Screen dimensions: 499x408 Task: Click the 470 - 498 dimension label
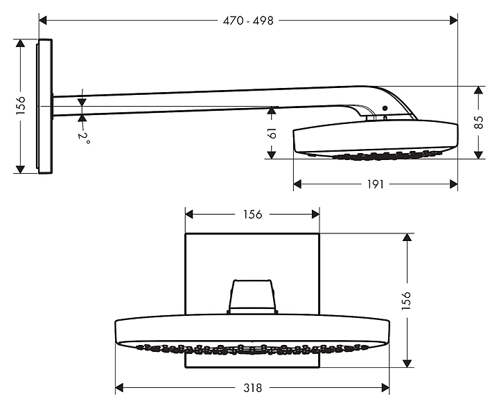pyautogui.click(x=248, y=21)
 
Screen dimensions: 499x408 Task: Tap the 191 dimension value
pyautogui.click(x=376, y=184)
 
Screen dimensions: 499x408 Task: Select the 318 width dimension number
pyautogui.click(x=253, y=388)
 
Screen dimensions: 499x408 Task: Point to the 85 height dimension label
pyautogui.click(x=478, y=123)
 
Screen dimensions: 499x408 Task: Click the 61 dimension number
pyautogui.click(x=272, y=133)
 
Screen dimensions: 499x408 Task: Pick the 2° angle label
pyautogui.click(x=84, y=137)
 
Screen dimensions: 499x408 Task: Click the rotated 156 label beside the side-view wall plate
pyautogui.click(x=20, y=105)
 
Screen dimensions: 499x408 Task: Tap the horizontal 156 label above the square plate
pyautogui.click(x=253, y=215)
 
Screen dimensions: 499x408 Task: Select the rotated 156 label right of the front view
pyautogui.click(x=407, y=301)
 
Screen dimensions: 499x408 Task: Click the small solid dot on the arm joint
pyautogui.click(x=385, y=108)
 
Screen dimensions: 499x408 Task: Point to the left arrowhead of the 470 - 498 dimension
pyautogui.click(x=43, y=21)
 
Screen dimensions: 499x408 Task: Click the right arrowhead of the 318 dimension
pyautogui.click(x=385, y=388)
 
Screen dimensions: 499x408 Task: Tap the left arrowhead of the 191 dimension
pyautogui.click(x=297, y=184)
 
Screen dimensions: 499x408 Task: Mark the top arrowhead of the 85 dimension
pyautogui.click(x=478, y=90)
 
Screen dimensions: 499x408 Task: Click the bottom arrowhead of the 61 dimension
pyautogui.click(x=272, y=154)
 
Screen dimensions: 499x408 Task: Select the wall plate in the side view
pyautogui.click(x=44, y=106)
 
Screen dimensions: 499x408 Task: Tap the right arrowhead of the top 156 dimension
pyautogui.click(x=315, y=215)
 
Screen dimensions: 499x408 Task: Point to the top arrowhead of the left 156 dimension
pyautogui.click(x=20, y=43)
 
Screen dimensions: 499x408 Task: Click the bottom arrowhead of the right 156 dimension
pyautogui.click(x=407, y=364)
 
